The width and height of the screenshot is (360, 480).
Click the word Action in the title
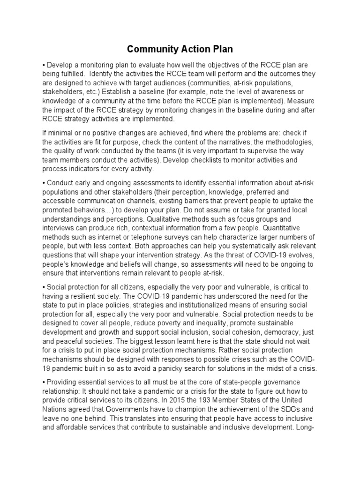click(x=180, y=49)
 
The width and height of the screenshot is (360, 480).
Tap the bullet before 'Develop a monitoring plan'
click(x=44, y=65)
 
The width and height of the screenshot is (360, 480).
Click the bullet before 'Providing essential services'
click(x=44, y=382)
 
